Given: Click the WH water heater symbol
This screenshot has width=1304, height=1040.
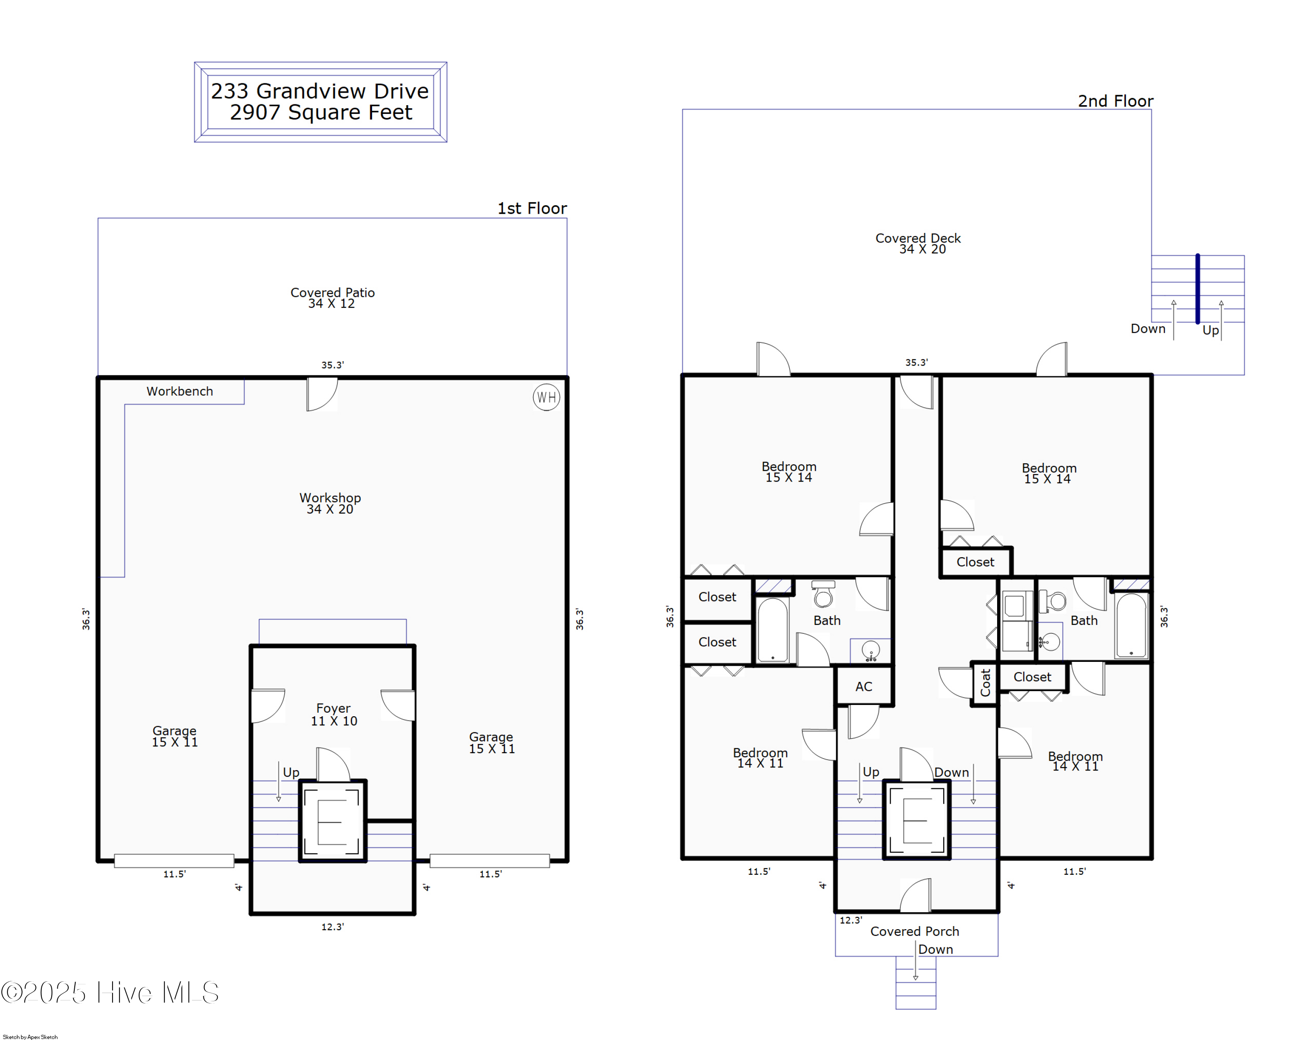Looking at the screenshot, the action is [x=546, y=397].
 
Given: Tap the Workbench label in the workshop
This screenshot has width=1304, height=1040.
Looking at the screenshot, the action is [x=180, y=391].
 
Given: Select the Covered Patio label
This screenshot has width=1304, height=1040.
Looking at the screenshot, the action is [x=332, y=292].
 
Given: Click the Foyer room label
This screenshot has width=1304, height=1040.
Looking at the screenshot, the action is [x=333, y=708].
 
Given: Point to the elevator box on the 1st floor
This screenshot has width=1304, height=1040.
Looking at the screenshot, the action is [x=333, y=821].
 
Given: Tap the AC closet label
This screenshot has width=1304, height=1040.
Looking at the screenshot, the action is [x=864, y=686].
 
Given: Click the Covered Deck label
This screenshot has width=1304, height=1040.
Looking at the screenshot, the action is [x=918, y=238].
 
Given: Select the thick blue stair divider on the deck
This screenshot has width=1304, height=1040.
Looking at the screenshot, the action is [x=1197, y=289].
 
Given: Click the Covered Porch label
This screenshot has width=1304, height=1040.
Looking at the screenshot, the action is [x=915, y=931].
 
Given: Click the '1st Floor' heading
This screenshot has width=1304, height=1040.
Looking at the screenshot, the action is [x=532, y=208].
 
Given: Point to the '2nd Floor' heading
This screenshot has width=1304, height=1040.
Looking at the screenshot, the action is [x=1115, y=101].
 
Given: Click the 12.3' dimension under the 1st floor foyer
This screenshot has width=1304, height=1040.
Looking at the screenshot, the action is [x=333, y=926].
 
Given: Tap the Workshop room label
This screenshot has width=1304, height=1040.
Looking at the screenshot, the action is [x=330, y=498].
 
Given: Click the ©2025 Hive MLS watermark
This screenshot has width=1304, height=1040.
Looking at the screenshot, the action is [x=110, y=992].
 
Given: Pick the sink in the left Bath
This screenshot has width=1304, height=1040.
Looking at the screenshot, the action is [x=870, y=651].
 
